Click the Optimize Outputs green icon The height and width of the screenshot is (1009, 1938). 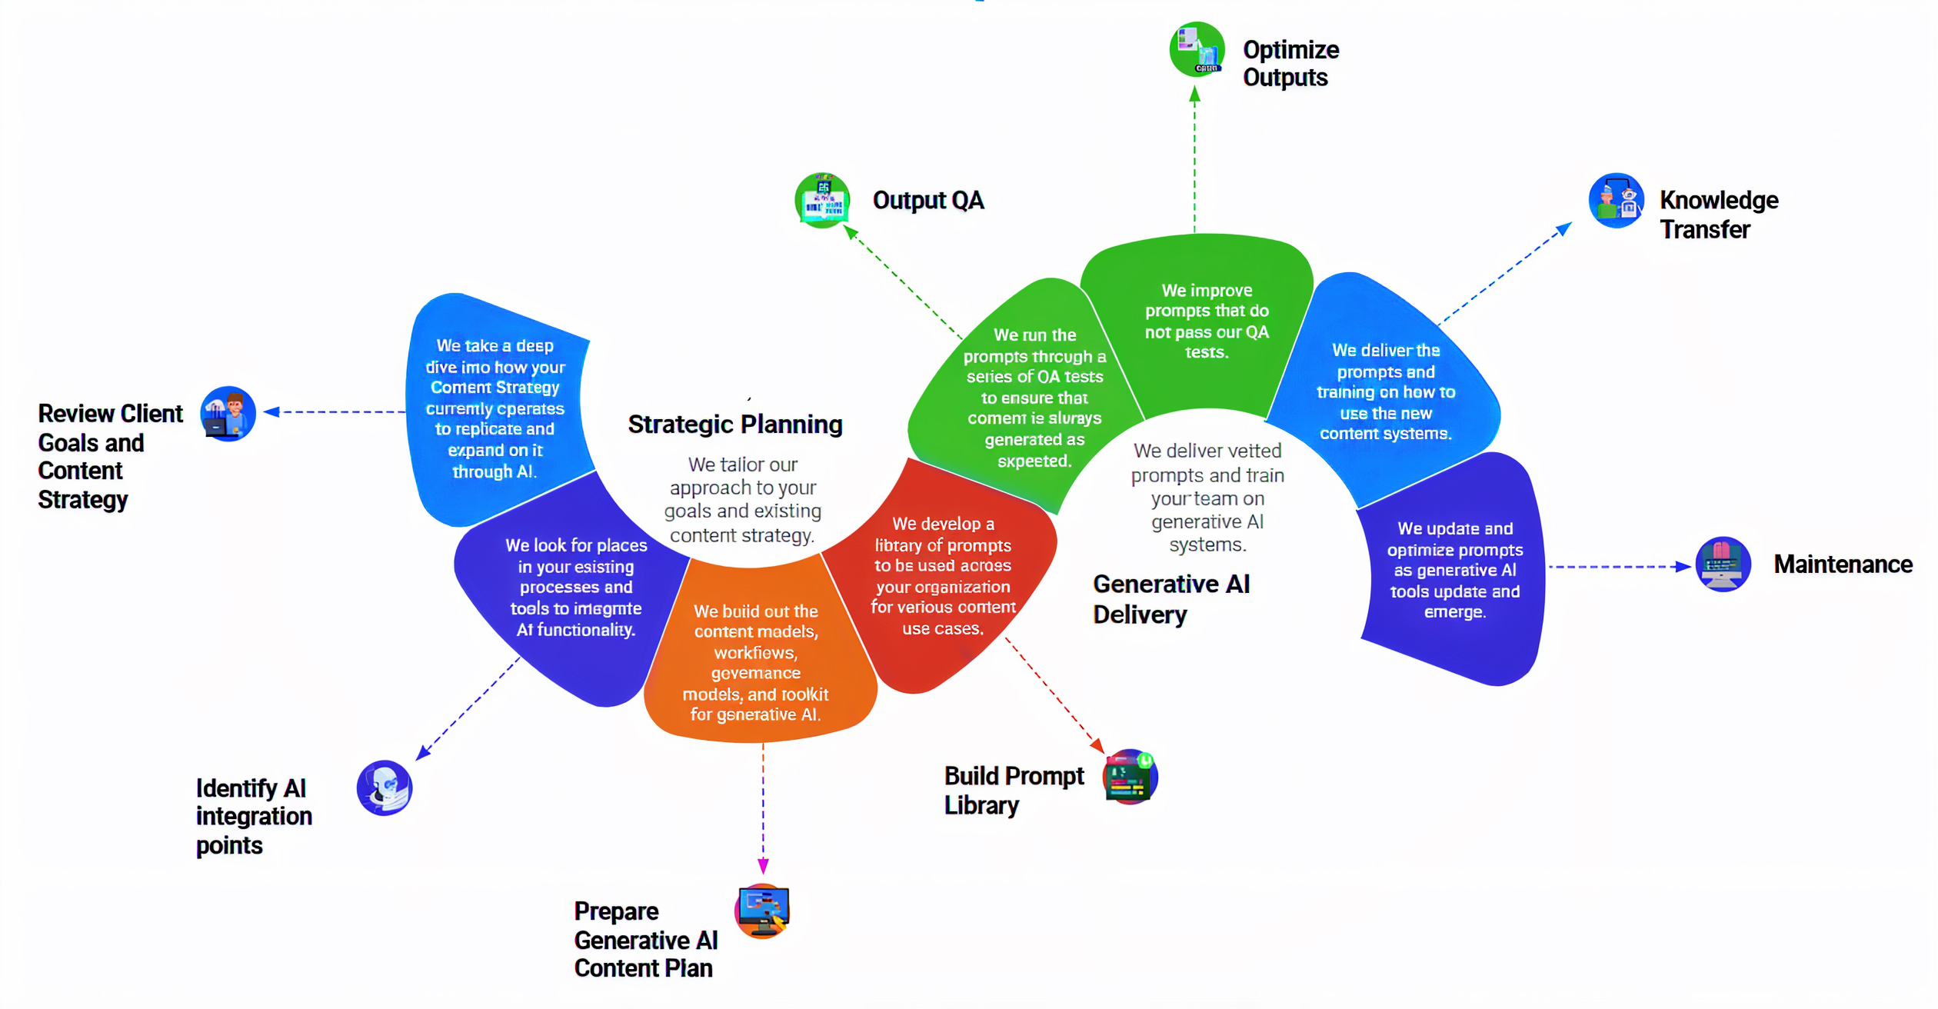[x=1197, y=49]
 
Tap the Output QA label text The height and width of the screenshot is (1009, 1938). [x=927, y=201]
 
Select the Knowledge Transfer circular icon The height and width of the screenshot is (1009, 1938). [x=1616, y=201]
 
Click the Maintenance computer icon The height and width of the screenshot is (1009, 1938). [x=1723, y=564]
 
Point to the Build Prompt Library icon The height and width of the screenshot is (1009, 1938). [x=1130, y=777]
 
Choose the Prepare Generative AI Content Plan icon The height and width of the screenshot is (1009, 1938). [x=762, y=911]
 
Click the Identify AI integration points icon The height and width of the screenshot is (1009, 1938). [x=385, y=788]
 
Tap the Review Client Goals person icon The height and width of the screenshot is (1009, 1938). [x=228, y=414]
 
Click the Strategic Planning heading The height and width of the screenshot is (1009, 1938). [x=734, y=425]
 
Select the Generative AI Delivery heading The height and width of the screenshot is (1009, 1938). [x=1170, y=599]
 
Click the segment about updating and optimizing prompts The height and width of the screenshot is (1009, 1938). [x=1453, y=570]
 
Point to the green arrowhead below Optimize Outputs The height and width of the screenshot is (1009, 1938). [x=1194, y=95]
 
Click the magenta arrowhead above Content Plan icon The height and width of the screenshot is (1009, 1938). [x=763, y=867]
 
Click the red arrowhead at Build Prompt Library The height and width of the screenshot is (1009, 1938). [x=1097, y=745]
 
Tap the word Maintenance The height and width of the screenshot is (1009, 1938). [x=1843, y=564]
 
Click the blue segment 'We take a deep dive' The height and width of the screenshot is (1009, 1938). [x=495, y=408]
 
